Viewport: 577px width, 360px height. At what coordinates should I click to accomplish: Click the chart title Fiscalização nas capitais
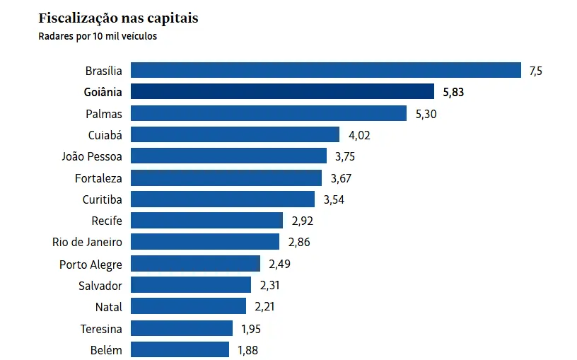[118, 18]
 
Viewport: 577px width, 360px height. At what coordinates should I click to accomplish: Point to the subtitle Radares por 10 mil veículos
[98, 36]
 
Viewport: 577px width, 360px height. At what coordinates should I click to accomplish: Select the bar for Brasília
[326, 70]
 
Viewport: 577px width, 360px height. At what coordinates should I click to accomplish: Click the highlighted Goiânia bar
[283, 91]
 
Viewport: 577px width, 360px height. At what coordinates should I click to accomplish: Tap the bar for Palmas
[269, 113]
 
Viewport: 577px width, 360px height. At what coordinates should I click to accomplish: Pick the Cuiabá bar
[235, 134]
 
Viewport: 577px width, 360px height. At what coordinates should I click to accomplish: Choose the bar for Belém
[180, 349]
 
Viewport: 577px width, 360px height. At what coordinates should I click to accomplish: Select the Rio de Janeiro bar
[205, 242]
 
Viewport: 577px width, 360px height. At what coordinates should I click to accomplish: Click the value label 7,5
[535, 70]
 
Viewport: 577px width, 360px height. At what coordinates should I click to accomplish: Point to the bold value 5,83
[453, 92]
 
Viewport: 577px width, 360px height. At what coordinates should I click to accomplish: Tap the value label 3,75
[346, 156]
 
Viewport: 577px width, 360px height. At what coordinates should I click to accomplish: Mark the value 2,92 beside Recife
[302, 221]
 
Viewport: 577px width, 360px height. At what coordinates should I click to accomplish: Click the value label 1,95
[252, 328]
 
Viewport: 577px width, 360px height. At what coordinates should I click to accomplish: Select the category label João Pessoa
[92, 156]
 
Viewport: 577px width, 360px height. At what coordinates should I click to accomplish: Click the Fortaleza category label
[98, 178]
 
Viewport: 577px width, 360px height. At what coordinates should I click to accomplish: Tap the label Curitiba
[102, 199]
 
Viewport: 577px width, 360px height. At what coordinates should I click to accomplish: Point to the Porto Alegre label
[91, 264]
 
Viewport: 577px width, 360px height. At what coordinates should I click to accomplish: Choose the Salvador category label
[100, 285]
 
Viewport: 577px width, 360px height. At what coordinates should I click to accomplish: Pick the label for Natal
[108, 307]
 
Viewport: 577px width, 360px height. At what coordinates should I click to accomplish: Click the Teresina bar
[182, 328]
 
